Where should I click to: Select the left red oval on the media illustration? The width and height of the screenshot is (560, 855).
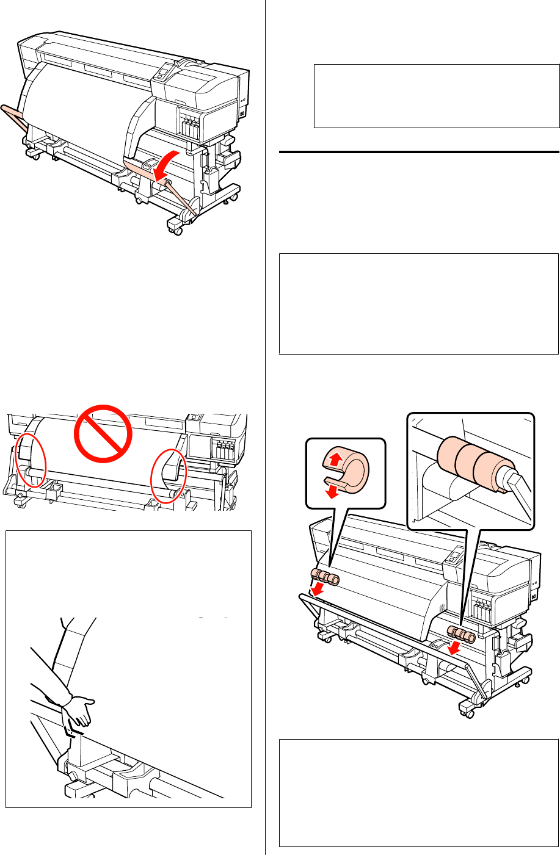pos(29,460)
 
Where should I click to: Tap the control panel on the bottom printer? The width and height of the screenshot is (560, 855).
pos(452,558)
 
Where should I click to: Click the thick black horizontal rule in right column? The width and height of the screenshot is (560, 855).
pos(420,151)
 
